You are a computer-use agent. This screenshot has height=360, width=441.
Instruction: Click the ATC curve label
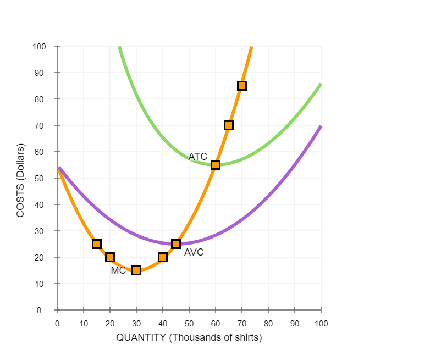click(x=197, y=157)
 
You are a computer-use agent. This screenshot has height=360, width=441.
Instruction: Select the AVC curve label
click(x=194, y=252)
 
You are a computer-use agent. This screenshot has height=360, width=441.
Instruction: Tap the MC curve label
click(x=118, y=270)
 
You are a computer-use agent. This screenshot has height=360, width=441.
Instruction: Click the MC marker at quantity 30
click(x=136, y=270)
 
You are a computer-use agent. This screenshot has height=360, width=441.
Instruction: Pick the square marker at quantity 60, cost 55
click(x=216, y=165)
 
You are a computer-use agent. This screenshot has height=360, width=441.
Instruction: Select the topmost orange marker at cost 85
click(x=242, y=86)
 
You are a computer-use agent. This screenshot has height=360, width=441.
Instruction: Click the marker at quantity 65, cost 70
click(x=229, y=125)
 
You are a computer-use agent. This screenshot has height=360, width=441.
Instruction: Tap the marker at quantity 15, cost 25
click(x=97, y=244)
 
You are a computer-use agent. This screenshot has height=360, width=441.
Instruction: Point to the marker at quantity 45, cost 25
click(x=176, y=244)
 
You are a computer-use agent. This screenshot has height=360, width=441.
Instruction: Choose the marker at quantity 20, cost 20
click(x=110, y=257)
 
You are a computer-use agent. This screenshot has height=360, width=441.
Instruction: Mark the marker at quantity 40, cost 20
click(x=163, y=257)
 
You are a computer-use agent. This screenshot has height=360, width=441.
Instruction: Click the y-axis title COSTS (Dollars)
click(x=21, y=180)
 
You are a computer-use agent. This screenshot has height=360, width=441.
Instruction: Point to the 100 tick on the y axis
click(x=40, y=46)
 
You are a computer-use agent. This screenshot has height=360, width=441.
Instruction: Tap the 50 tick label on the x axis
click(x=189, y=323)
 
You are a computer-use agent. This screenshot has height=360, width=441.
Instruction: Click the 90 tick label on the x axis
click(x=295, y=323)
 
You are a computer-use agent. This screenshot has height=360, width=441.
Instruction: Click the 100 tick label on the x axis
click(x=321, y=323)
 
